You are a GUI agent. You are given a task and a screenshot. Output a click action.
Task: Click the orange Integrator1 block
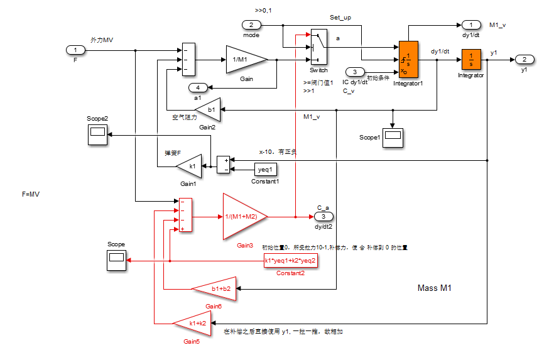point(408,60)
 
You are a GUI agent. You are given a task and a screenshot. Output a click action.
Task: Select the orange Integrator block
point(470,60)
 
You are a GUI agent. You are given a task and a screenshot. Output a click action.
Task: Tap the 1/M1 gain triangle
point(244,60)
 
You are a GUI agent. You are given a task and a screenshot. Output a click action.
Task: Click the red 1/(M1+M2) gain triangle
point(243,217)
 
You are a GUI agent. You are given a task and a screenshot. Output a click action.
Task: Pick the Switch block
point(318,46)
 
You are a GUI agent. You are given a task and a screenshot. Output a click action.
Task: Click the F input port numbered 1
point(75,50)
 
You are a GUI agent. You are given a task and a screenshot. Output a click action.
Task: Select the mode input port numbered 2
point(251,25)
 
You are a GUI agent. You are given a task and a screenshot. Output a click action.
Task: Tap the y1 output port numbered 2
point(524,59)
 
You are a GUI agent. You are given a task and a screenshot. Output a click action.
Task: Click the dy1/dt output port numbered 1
point(470,25)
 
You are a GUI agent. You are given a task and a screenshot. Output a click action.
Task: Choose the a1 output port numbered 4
point(197,87)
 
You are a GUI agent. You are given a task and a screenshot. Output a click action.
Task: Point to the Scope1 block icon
point(393,136)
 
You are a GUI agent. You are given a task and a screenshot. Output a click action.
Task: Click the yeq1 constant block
point(265,169)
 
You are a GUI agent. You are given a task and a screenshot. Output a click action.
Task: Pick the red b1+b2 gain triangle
point(217,288)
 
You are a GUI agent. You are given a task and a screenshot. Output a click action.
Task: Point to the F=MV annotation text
point(31,194)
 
